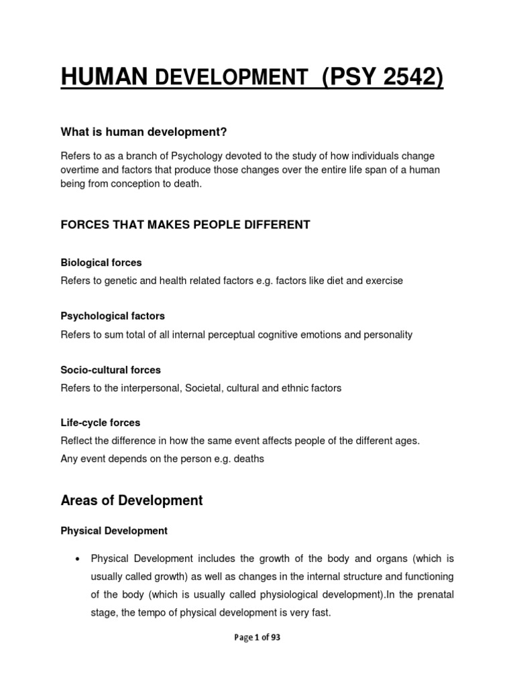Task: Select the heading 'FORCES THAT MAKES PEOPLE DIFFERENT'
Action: [x=185, y=225]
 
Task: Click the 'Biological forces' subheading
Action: [x=101, y=263]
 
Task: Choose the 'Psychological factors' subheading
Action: [x=113, y=316]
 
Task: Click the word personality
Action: [x=388, y=334]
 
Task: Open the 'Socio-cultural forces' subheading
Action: [x=111, y=370]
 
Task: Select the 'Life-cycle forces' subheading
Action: [x=100, y=423]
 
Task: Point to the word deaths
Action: [x=249, y=459]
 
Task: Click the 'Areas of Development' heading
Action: [x=131, y=500]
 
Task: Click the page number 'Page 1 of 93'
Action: [x=257, y=638]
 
